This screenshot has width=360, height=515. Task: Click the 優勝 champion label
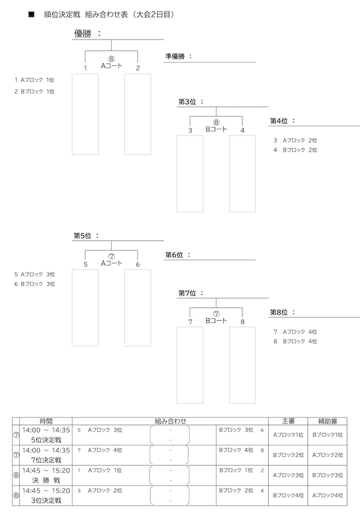click(x=82, y=34)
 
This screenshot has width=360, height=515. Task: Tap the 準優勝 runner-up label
click(x=176, y=56)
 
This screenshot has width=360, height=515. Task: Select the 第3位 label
click(x=188, y=102)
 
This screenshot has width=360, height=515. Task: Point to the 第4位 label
click(x=279, y=121)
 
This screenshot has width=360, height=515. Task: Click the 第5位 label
click(x=83, y=236)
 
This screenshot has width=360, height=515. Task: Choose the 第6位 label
click(x=175, y=255)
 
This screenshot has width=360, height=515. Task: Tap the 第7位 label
click(x=188, y=293)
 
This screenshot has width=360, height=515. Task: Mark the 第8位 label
click(x=279, y=312)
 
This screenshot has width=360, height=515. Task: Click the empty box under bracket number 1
click(x=85, y=114)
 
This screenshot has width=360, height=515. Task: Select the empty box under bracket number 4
click(x=242, y=173)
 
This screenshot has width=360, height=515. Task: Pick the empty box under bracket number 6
click(x=137, y=308)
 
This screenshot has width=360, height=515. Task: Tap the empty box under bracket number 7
click(x=190, y=365)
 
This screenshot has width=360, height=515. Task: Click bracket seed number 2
click(x=138, y=68)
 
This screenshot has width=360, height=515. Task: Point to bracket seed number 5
click(x=85, y=264)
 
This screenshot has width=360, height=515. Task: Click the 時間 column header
click(x=46, y=421)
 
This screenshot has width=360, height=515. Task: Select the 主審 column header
click(x=287, y=421)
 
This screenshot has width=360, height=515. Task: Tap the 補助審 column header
click(x=326, y=421)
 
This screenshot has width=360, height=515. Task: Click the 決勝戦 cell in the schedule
click(x=46, y=480)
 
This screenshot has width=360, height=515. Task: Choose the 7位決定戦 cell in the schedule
click(x=46, y=460)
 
